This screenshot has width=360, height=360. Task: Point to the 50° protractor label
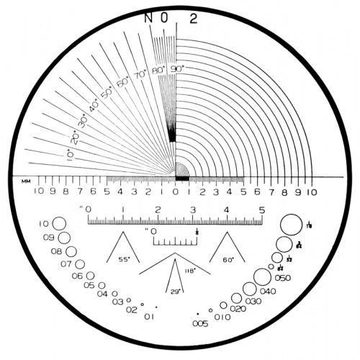tap(107, 92)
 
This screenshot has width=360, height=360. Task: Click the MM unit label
tap(26, 180)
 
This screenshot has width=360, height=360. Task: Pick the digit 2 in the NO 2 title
tap(193, 19)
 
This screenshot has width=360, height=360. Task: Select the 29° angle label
tap(174, 292)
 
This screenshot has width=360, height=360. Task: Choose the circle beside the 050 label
tap(271, 267)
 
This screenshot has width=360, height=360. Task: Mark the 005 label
tap(200, 324)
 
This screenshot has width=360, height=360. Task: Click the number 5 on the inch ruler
tap(261, 210)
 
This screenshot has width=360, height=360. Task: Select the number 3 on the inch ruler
tap(192, 210)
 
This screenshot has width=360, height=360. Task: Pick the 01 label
tap(149, 316)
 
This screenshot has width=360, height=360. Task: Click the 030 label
tap(253, 301)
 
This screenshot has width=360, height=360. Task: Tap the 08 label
tap(57, 251)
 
